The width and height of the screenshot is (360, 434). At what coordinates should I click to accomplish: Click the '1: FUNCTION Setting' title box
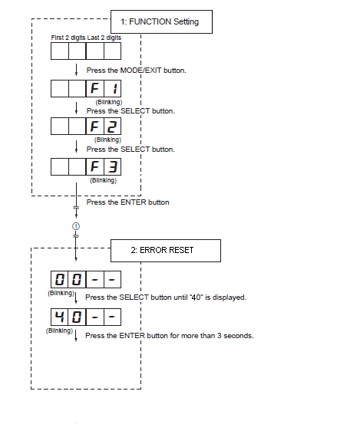161,22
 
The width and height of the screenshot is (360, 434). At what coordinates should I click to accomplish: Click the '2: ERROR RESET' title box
166,251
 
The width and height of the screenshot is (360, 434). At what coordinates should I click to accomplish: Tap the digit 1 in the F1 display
114,89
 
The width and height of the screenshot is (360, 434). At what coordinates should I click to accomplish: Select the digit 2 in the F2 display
112,127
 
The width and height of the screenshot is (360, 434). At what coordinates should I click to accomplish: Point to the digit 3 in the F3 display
113,167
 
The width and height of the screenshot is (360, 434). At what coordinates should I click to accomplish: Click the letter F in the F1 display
94,89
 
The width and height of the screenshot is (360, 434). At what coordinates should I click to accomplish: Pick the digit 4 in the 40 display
59,317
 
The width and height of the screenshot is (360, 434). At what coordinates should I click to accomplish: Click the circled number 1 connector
76,226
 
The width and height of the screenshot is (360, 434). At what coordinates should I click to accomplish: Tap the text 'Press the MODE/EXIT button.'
136,71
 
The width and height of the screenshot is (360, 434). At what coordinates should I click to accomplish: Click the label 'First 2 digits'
68,38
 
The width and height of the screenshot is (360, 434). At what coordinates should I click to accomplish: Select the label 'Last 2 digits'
104,38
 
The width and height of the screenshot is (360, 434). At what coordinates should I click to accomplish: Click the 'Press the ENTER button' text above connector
127,202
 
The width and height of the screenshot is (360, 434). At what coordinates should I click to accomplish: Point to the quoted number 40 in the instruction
197,298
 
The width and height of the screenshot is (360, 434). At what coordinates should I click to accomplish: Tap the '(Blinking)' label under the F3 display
103,180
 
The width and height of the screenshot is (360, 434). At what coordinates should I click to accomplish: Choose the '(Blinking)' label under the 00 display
61,293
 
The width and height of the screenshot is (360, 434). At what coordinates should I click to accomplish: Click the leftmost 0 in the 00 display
60,279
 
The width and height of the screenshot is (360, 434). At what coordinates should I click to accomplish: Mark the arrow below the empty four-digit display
76,70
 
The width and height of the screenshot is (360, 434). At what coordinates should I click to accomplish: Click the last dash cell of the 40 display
112,317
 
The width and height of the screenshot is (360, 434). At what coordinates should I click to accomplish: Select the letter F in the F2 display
94,127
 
